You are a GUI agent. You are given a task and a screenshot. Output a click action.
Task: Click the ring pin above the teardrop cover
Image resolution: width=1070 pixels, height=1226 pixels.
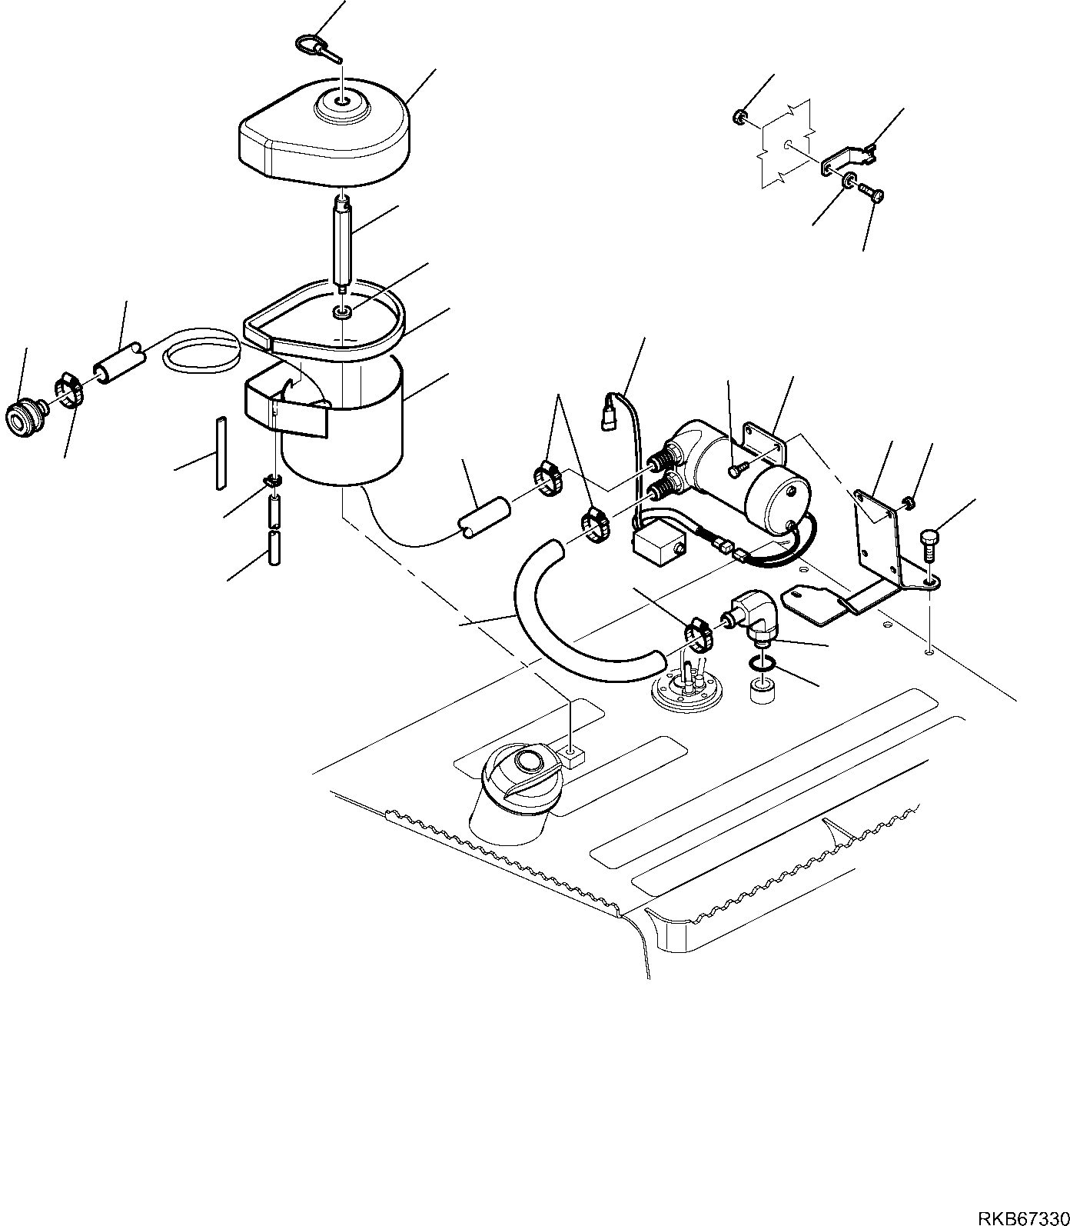pos(314,48)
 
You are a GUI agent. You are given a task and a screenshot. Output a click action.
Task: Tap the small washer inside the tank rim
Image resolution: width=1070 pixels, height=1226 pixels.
pos(343,311)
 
